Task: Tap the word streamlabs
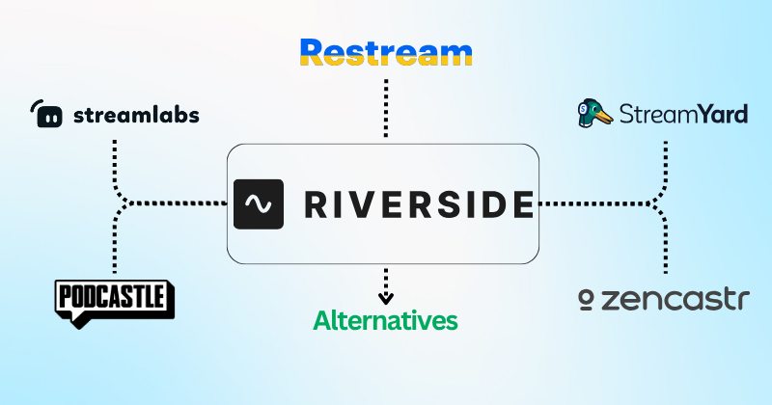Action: click(x=136, y=116)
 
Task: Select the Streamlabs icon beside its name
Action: click(x=46, y=114)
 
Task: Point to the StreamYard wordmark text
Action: click(x=683, y=115)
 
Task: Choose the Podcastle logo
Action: click(x=114, y=300)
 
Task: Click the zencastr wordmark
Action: click(x=675, y=300)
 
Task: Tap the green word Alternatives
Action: click(x=385, y=319)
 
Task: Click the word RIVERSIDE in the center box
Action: click(x=418, y=203)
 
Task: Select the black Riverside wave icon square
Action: click(x=258, y=203)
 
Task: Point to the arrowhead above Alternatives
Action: click(x=385, y=298)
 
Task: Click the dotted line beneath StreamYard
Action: click(x=665, y=159)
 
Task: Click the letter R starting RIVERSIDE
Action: click(x=317, y=203)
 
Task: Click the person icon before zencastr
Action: click(x=584, y=301)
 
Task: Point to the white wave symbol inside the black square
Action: click(x=258, y=203)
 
